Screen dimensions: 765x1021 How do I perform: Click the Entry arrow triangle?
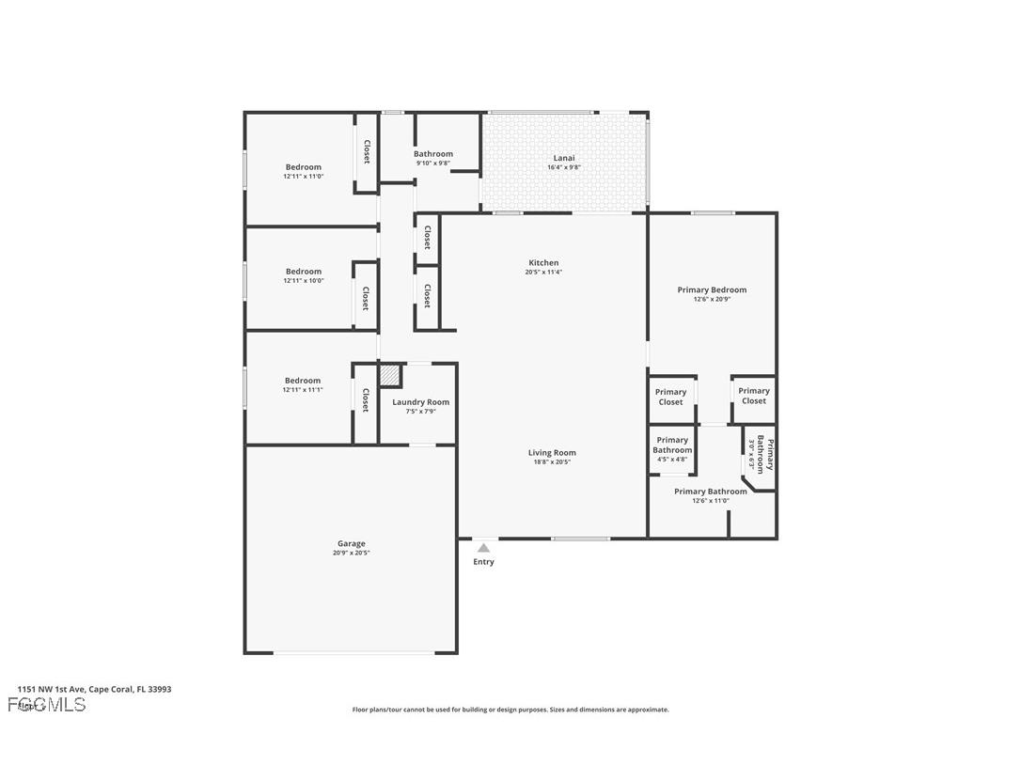click(x=483, y=548)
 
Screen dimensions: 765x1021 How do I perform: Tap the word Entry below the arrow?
click(x=483, y=562)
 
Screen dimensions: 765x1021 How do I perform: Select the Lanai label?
click(x=564, y=158)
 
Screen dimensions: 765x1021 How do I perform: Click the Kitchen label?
click(x=543, y=263)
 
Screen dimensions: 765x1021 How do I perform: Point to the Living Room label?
click(x=552, y=453)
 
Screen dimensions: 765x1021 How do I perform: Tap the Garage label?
click(x=352, y=544)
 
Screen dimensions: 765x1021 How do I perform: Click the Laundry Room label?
click(x=420, y=402)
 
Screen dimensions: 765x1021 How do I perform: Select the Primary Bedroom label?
click(x=712, y=290)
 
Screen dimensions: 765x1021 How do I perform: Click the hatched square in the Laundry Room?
click(x=390, y=375)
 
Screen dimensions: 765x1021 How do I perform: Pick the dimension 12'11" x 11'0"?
click(x=304, y=177)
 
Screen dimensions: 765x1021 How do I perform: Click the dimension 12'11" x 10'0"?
click(x=304, y=281)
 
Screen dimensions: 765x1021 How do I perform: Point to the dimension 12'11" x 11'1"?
click(x=303, y=390)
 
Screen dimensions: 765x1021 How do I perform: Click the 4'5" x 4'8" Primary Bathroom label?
click(x=672, y=445)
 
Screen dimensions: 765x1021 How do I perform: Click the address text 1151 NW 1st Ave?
click(x=94, y=689)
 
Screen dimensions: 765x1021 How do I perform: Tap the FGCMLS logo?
click(x=46, y=705)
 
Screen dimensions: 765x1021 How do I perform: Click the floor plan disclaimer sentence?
click(x=510, y=710)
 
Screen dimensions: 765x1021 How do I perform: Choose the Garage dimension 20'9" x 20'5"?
click(x=352, y=554)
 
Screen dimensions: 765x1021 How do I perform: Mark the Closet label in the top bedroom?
click(x=367, y=152)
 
